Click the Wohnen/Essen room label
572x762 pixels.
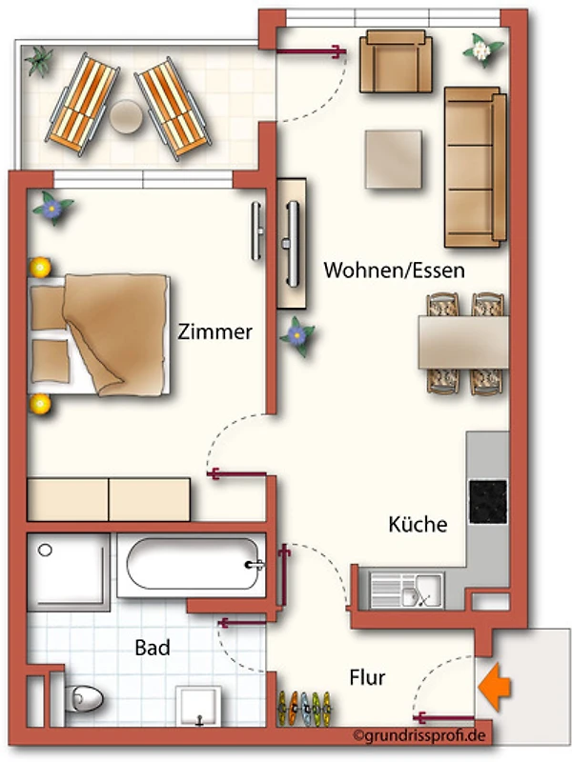click(x=394, y=271)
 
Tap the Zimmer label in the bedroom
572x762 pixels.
click(x=214, y=331)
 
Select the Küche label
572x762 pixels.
click(x=418, y=524)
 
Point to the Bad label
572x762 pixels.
click(x=153, y=648)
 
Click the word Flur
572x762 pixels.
click(x=367, y=677)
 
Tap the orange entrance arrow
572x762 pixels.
click(x=494, y=687)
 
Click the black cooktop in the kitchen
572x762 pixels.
click(x=488, y=502)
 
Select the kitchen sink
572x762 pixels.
click(x=407, y=591)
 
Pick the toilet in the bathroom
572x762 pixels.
click(x=83, y=698)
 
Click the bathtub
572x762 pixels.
click(x=192, y=564)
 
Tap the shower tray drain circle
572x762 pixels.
click(x=45, y=551)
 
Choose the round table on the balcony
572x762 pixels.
click(x=126, y=116)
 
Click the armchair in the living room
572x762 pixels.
click(x=396, y=61)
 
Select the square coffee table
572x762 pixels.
click(x=394, y=159)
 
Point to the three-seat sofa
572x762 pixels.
click(x=475, y=168)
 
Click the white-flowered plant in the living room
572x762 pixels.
click(x=482, y=50)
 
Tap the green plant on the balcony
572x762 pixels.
click(x=39, y=61)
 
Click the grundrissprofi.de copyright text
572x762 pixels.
click(x=419, y=735)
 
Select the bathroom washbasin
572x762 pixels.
click(x=198, y=705)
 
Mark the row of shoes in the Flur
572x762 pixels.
click(x=304, y=708)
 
